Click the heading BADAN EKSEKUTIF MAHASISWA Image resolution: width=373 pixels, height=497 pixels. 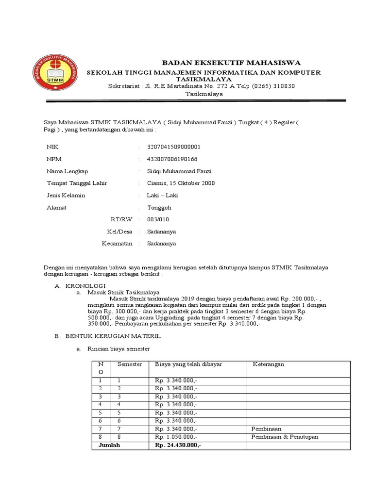coord(231,63)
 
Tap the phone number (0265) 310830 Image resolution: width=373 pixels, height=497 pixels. coord(272,86)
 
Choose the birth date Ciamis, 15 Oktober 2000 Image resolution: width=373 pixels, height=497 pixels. coord(181,183)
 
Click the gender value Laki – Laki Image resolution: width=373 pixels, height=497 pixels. coord(163,195)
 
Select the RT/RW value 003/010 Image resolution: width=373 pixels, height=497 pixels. coord(158,219)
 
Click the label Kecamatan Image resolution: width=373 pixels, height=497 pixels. coord(117,244)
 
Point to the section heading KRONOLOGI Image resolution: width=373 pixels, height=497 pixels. coord(85,286)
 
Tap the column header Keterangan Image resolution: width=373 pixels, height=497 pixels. coord(268,364)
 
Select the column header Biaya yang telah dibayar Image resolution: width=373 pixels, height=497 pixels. coord(188,364)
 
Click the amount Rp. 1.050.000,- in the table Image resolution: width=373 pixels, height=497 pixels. coord(176,437)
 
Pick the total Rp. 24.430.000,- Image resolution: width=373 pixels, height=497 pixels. coord(178,445)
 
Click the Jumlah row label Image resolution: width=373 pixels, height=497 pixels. coord(109,445)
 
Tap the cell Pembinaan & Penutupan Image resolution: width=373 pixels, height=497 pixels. coord(285,437)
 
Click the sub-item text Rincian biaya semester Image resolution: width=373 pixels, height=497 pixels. coord(119,349)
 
